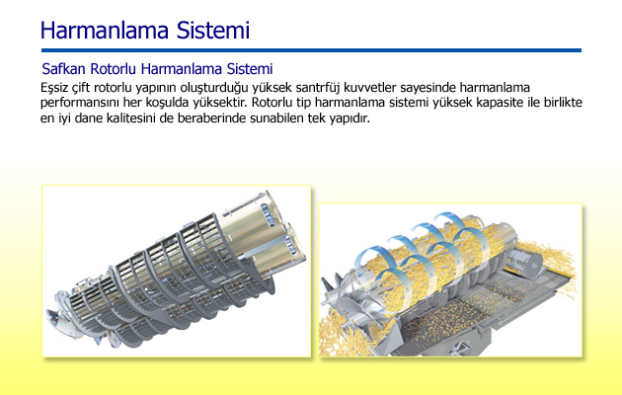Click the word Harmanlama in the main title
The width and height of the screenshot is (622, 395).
(x=105, y=31)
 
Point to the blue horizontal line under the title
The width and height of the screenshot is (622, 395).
(x=311, y=50)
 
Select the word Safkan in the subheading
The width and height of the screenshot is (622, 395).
(x=63, y=69)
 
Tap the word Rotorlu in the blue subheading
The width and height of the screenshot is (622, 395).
(x=114, y=69)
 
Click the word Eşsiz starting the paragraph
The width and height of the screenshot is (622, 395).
(x=53, y=88)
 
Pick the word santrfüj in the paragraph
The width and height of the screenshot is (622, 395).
(x=316, y=88)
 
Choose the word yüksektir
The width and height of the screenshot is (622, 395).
(x=220, y=103)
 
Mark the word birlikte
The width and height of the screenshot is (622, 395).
(x=563, y=103)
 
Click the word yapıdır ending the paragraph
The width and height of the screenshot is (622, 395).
(x=350, y=118)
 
